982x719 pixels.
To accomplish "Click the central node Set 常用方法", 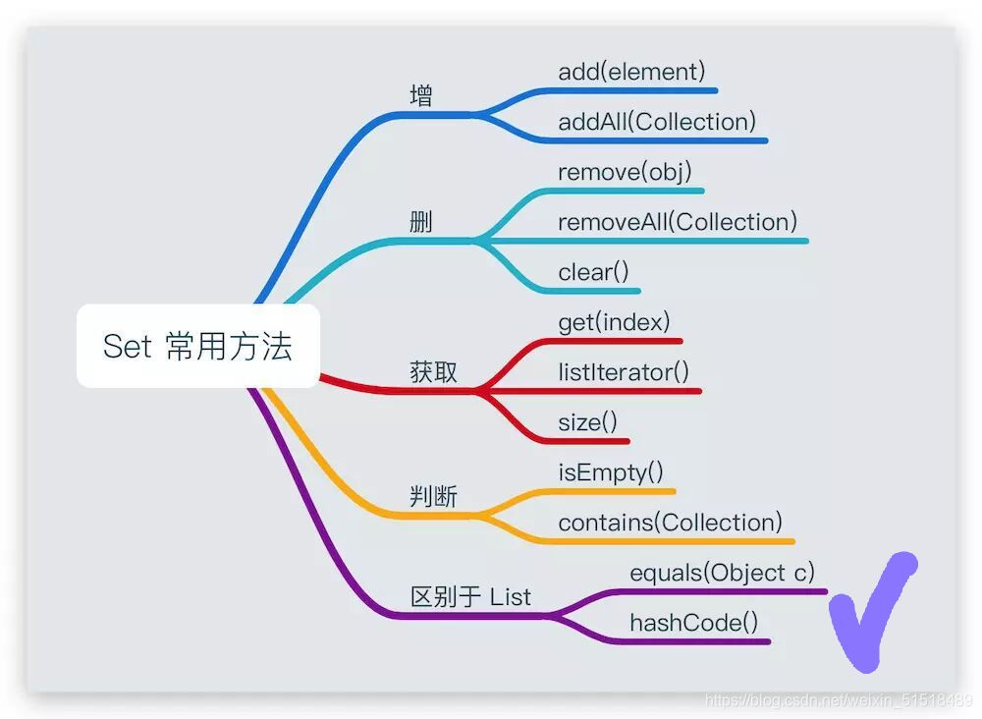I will pos(198,346).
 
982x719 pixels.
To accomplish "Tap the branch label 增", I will pos(421,96).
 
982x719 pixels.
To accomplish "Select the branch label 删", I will pos(421,222).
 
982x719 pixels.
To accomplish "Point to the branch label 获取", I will pos(433,372).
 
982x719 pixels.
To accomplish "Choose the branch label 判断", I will pos(433,497).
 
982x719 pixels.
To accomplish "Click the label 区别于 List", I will pos(470,597).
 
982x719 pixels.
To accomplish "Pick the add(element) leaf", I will pos(631,71).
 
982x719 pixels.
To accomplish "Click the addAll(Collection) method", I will pos(657,122).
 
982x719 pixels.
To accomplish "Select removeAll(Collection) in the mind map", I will pos(678,222).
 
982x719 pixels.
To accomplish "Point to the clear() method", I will pos(593,272).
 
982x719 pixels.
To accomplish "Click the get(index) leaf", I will pos(614,322).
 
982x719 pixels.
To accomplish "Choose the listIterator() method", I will pos(624,372).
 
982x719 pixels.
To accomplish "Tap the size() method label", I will pos(587,422).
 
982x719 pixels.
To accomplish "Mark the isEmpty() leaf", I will pos(611,472).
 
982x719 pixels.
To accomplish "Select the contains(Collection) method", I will pos(670,523).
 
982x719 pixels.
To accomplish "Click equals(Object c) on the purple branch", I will pos(722,573).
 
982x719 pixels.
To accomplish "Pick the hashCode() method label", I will pos(693,623).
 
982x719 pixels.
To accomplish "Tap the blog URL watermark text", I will pos(839,700).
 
